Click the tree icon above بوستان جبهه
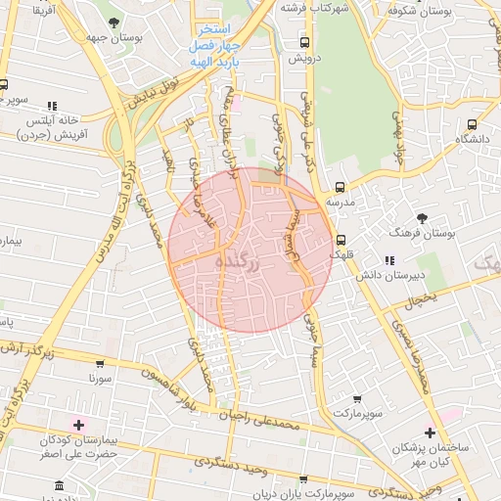(114, 22)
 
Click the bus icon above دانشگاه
(474, 124)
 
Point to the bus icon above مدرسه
(341, 186)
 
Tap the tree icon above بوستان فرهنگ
(422, 217)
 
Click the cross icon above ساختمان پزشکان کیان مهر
(431, 432)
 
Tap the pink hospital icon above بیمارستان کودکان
(78, 424)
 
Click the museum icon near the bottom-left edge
(60, 485)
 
